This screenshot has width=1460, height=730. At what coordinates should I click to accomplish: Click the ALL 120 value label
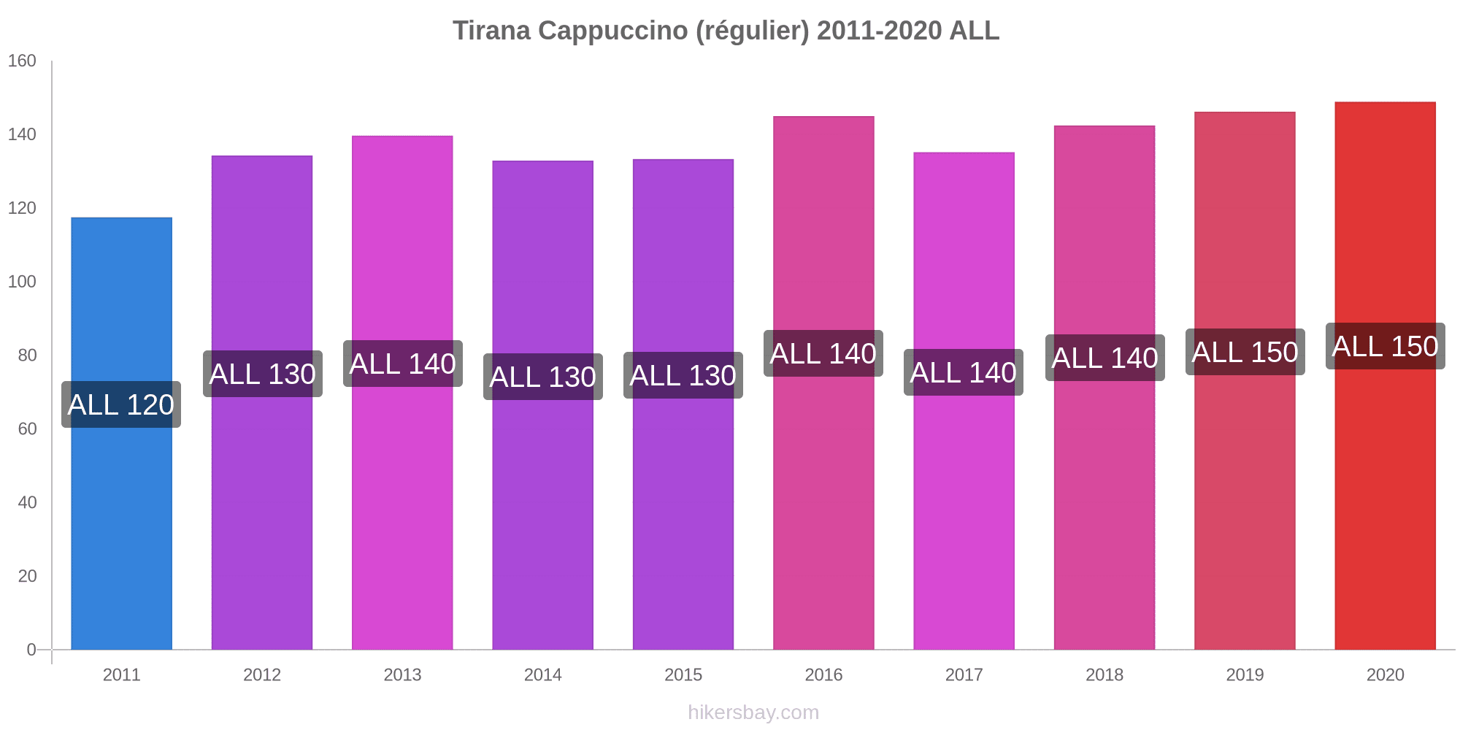coord(121,404)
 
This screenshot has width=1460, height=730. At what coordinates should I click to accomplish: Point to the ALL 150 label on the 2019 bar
coord(1245,352)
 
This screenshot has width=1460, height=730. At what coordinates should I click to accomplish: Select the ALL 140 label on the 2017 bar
coord(964,372)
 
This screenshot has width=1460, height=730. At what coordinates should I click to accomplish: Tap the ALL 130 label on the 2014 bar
coord(543,377)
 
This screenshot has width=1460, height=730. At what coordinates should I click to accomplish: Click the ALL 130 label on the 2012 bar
coord(263,374)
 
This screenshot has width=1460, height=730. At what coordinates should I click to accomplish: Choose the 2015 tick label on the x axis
coord(683,675)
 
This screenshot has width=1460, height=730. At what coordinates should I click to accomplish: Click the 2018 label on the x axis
coord(1104,675)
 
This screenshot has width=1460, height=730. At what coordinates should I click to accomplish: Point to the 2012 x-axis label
coord(262,675)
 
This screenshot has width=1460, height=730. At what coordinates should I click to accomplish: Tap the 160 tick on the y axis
coord(22,61)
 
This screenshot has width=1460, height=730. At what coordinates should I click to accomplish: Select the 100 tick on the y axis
coord(22,282)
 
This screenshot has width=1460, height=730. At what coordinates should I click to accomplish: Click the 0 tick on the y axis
coord(31,650)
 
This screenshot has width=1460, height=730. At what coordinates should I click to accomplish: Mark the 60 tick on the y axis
coord(27,429)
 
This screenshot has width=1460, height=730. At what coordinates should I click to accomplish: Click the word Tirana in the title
coord(491,31)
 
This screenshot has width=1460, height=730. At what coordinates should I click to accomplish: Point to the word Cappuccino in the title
coord(612,31)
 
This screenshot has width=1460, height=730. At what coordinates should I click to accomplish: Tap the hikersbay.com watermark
coord(753,712)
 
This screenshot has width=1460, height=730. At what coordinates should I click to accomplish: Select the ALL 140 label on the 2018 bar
coord(1104,358)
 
